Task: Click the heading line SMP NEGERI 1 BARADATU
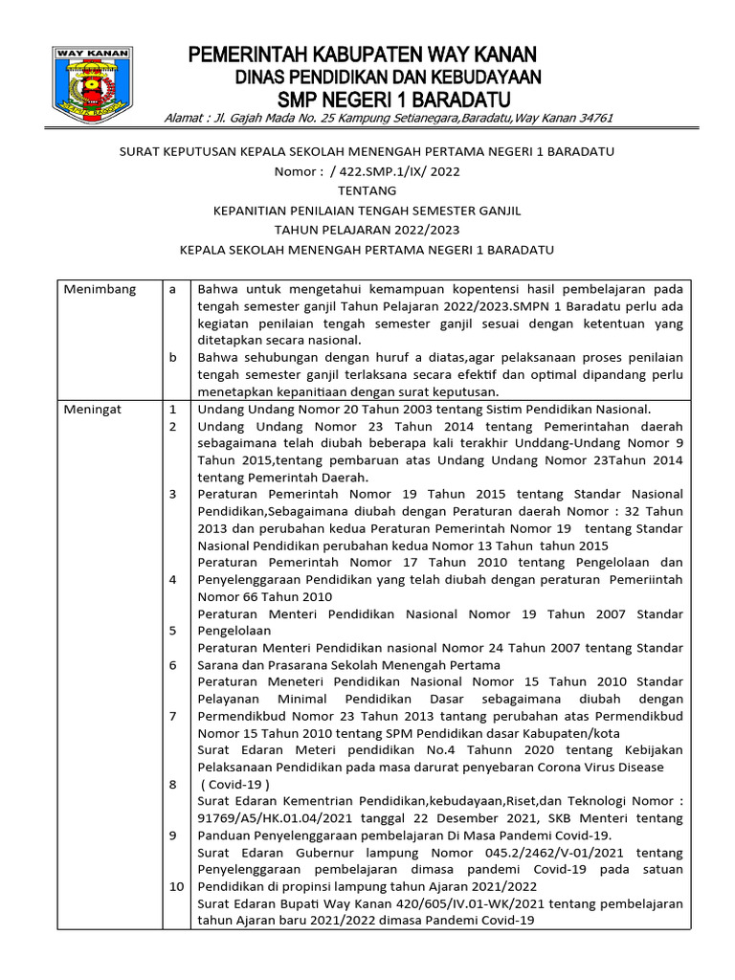(393, 100)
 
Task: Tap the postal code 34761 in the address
(590, 118)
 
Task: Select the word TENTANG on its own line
(367, 190)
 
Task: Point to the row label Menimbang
(100, 289)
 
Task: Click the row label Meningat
(93, 409)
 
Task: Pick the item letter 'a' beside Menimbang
(172, 289)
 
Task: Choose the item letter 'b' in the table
(173, 357)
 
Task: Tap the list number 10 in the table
(176, 886)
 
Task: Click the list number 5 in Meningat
(173, 631)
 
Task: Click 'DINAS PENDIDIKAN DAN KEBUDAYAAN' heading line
(389, 77)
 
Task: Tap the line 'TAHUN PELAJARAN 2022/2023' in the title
(367, 230)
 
